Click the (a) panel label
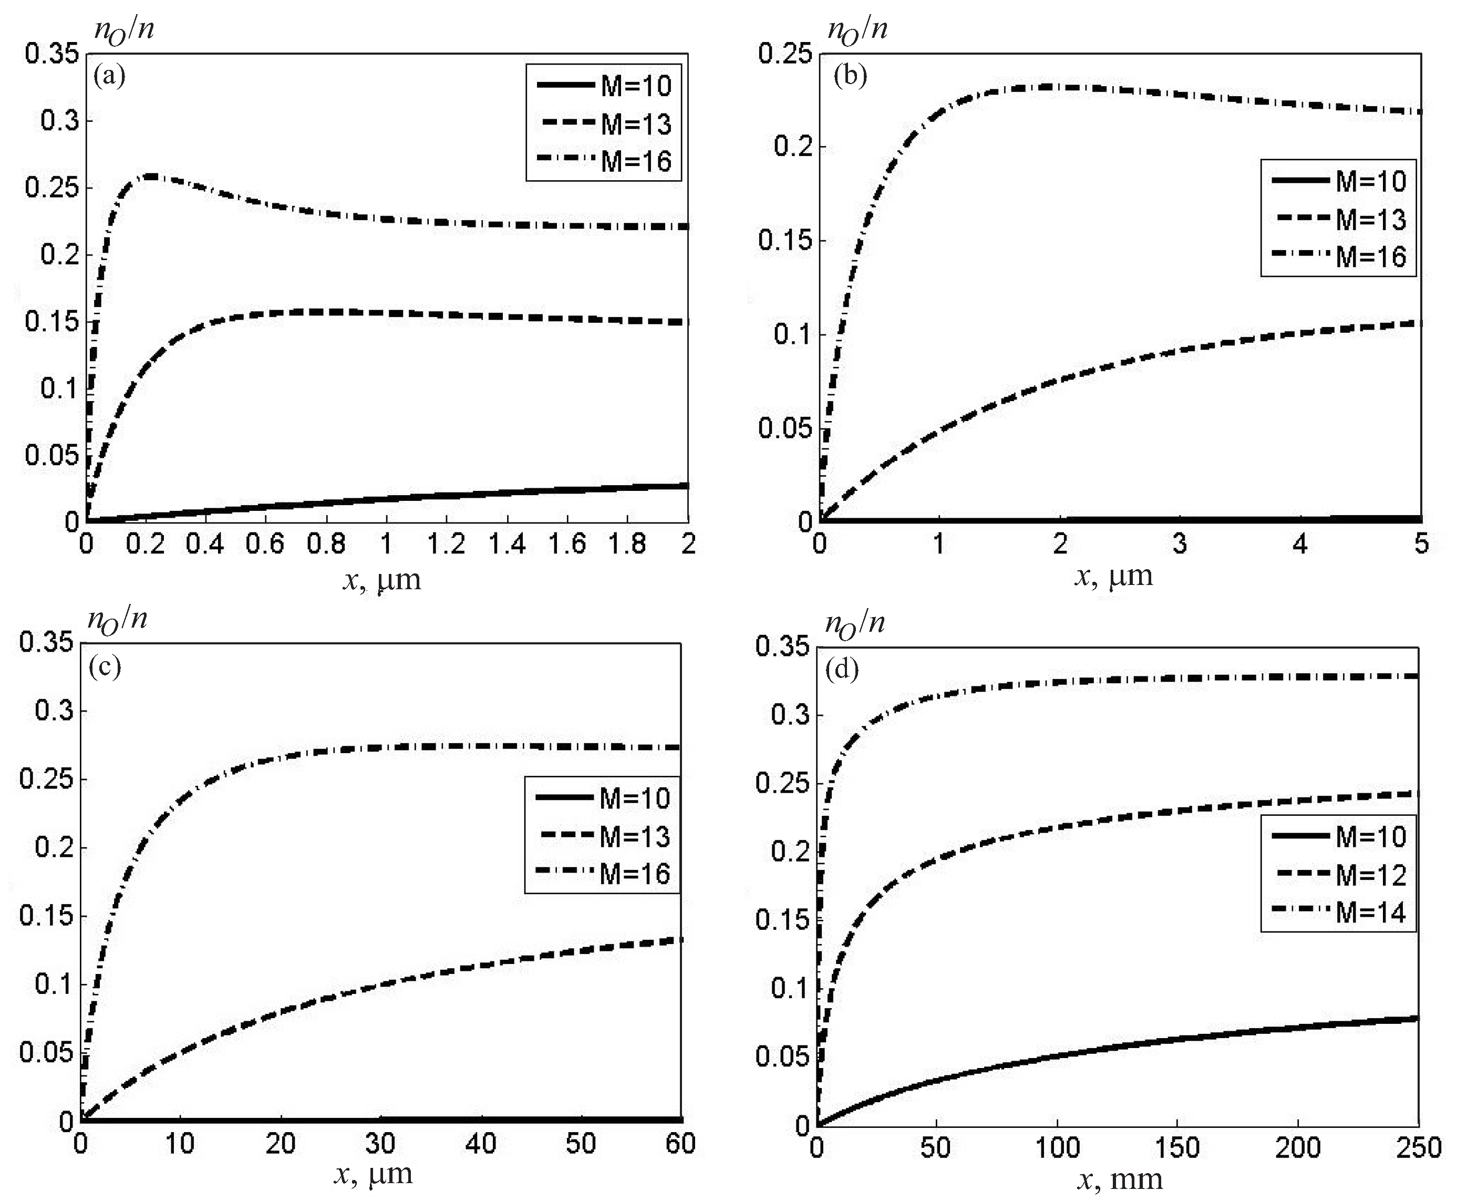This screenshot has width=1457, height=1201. pos(109,75)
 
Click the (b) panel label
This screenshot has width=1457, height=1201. pos(849,75)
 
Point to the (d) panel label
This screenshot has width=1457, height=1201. pos(842,669)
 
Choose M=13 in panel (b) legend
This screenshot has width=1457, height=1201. pos(1370,219)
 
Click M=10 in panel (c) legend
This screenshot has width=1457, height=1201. pos(635,798)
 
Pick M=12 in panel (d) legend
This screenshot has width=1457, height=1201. pos(1370,875)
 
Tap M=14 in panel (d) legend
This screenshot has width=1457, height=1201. pos(1370,912)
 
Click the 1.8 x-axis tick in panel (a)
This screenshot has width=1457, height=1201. pos(628,545)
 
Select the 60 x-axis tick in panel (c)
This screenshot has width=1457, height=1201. pos(680,1144)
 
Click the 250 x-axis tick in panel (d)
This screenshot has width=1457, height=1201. pos(1418,1148)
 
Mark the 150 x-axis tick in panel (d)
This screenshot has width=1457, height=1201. pos(1177,1148)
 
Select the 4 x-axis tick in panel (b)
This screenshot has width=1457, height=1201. pos(1300,545)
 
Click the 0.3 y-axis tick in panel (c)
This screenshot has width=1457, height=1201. pos(54,711)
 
